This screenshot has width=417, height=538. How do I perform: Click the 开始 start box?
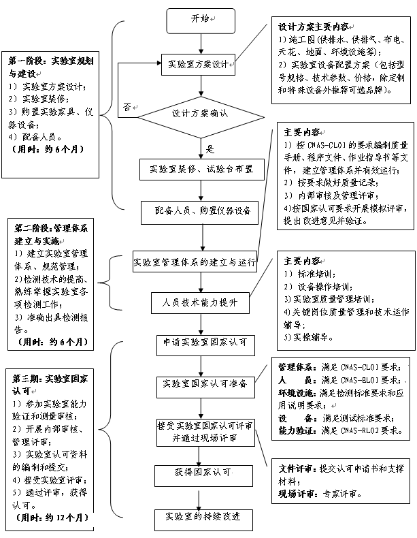pos(200,20)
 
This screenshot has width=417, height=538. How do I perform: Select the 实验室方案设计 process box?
pos(198,65)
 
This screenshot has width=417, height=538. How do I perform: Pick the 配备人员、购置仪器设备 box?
pos(197,211)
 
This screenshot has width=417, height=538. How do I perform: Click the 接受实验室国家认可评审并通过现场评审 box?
pos(204,432)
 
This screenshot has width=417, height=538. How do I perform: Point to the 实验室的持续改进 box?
pos(198,516)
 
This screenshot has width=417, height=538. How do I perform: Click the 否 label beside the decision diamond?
pos(127,108)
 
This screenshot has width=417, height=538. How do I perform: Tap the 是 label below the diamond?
pos(210,149)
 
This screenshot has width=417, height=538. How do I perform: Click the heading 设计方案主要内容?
pos(313,27)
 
